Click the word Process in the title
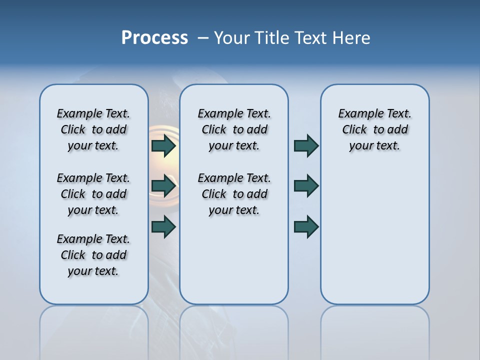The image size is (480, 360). click(154, 38)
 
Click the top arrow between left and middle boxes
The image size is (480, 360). click(164, 146)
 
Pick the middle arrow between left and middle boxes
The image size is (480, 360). click(164, 186)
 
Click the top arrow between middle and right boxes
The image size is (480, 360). click(306, 146)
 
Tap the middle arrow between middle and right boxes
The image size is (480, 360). click(306, 186)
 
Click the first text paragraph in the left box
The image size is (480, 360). click(93, 129)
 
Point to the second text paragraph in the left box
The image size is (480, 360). click(93, 194)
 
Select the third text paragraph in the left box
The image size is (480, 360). click(93, 255)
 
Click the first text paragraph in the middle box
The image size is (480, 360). click(234, 129)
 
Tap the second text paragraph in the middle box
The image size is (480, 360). click(234, 194)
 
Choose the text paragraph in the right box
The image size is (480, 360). click(375, 129)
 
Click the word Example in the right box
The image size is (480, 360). click(356, 114)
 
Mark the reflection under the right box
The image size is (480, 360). click(375, 330)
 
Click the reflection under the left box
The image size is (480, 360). click(93, 330)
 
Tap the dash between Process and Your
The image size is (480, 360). click(203, 38)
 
